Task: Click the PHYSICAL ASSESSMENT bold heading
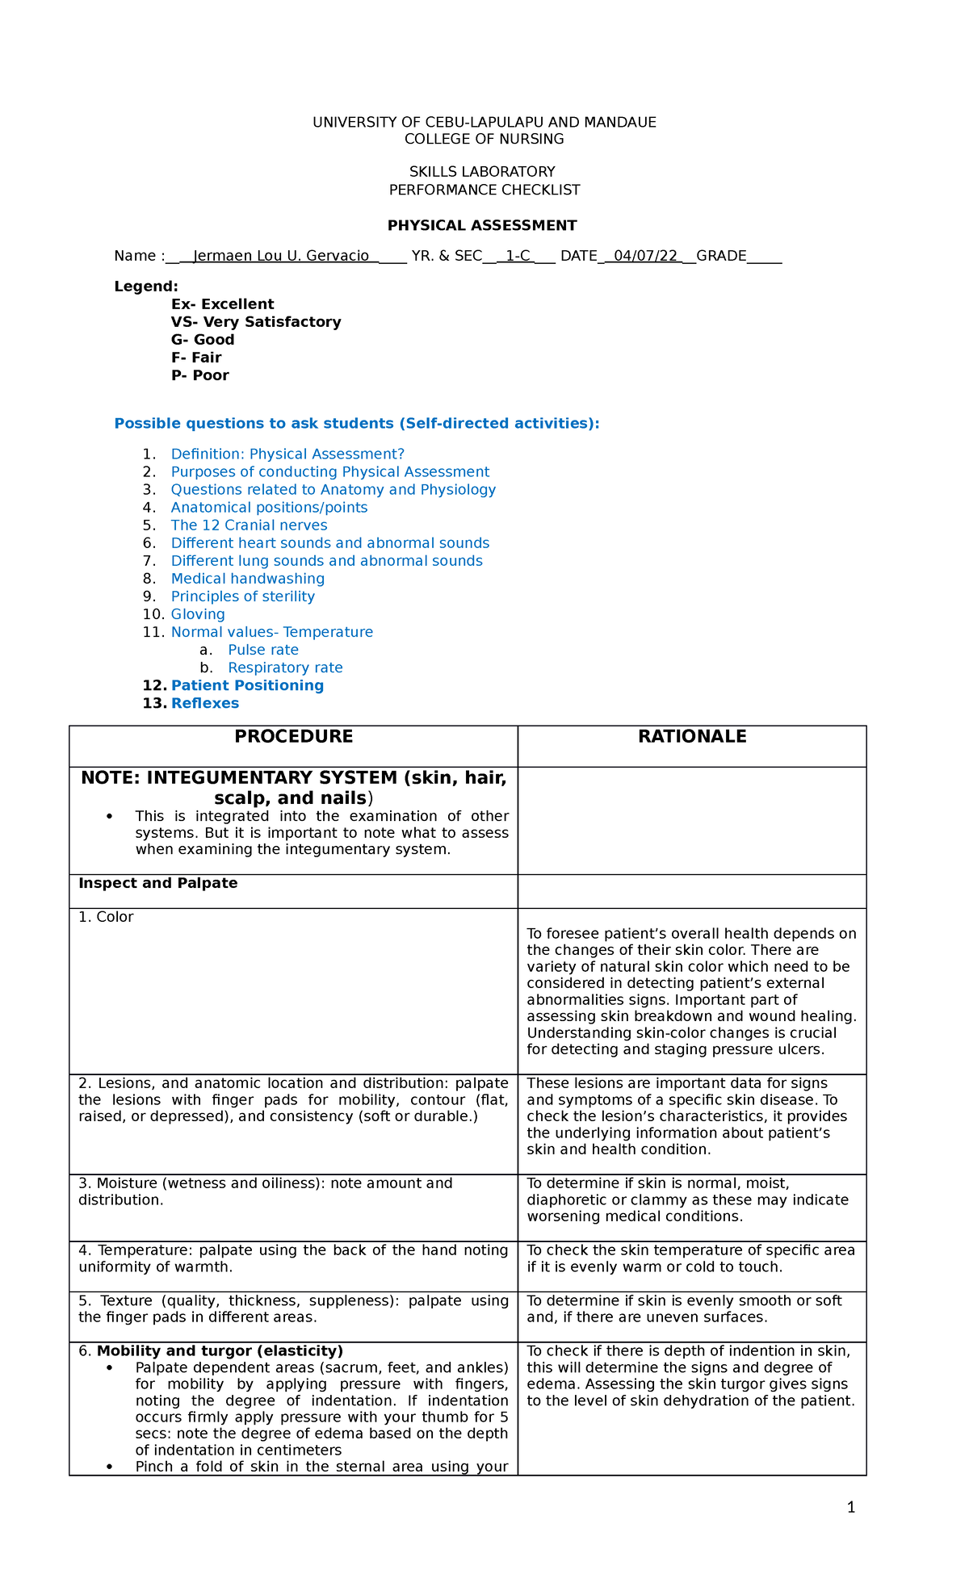coord(482,226)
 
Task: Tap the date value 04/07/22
coord(645,257)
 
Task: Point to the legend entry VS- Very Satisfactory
coord(256,322)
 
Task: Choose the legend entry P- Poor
coord(199,375)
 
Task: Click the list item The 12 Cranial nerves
coord(249,525)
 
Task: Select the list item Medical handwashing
coord(247,579)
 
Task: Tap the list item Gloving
coord(198,614)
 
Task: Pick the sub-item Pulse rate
coord(262,650)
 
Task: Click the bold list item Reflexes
coord(204,703)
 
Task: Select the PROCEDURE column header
coord(293,737)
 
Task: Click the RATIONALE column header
coord(692,737)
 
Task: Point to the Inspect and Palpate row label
coord(157,883)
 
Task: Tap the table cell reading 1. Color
coord(106,917)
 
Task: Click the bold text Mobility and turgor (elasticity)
coord(220,1351)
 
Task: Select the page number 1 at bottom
coord(851,1507)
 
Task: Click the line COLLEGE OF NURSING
coord(484,140)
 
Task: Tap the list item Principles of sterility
coord(242,597)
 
